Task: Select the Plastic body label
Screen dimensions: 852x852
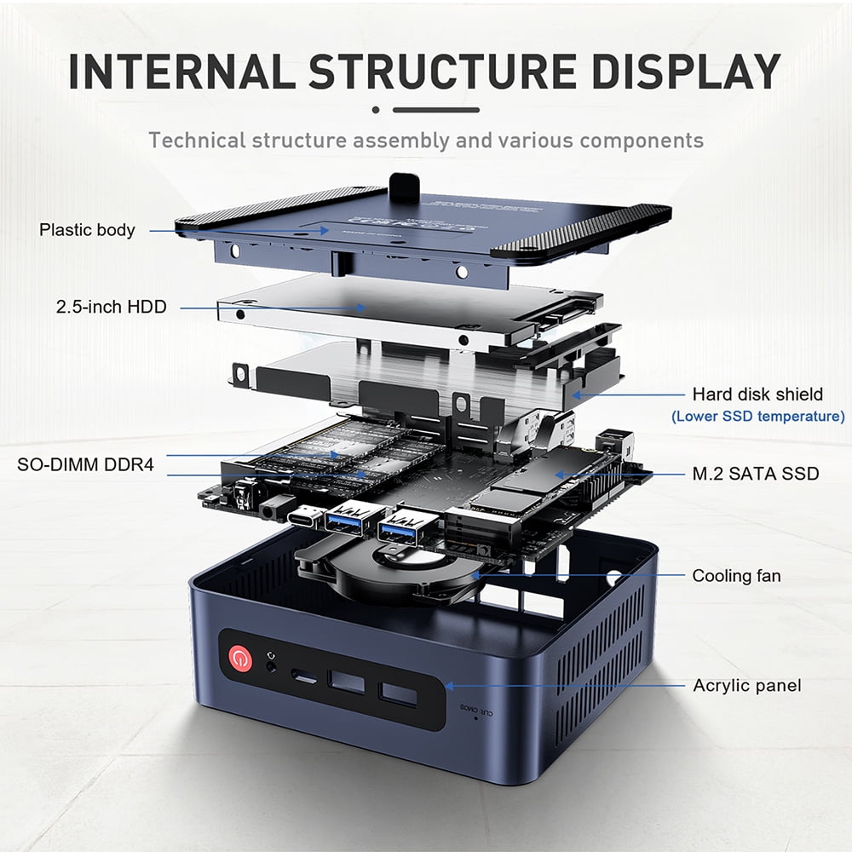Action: pyautogui.click(x=87, y=230)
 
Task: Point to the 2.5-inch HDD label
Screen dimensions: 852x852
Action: pyautogui.click(x=112, y=307)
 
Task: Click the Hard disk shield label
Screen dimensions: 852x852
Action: pyautogui.click(x=757, y=394)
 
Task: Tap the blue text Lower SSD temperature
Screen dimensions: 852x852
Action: pyautogui.click(x=757, y=417)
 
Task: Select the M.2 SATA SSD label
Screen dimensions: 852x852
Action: pyautogui.click(x=756, y=474)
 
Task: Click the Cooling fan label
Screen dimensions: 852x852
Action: pyautogui.click(x=736, y=577)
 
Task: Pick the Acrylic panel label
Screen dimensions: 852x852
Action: pyautogui.click(x=746, y=685)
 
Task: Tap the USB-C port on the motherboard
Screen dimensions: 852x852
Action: pyautogui.click(x=305, y=517)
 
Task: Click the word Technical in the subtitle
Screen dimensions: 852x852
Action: pyautogui.click(x=197, y=140)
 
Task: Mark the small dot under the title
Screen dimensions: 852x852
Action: pyautogui.click(x=377, y=110)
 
